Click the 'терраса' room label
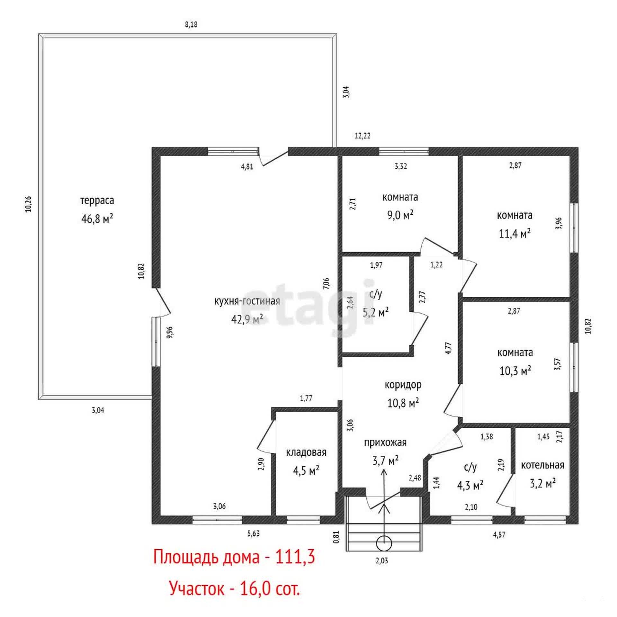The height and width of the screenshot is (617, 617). (97, 201)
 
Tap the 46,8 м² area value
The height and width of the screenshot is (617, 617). (97, 219)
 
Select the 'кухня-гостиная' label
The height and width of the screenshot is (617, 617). (247, 301)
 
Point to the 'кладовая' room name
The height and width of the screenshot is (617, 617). (306, 452)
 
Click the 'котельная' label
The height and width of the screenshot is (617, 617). (542, 465)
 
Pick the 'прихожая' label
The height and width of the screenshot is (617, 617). (385, 443)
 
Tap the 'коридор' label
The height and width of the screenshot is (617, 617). (403, 385)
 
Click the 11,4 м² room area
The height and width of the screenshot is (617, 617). (514, 233)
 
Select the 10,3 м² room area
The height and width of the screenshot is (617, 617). (515, 371)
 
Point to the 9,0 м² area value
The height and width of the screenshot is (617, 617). (400, 215)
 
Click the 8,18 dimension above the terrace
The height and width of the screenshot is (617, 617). (191, 25)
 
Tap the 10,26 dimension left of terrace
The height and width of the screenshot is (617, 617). (28, 204)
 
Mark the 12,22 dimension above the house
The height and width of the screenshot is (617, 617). (362, 136)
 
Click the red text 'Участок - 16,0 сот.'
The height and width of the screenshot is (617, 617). (234, 589)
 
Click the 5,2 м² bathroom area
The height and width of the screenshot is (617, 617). (376, 312)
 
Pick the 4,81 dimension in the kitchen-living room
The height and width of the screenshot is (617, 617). (247, 166)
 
